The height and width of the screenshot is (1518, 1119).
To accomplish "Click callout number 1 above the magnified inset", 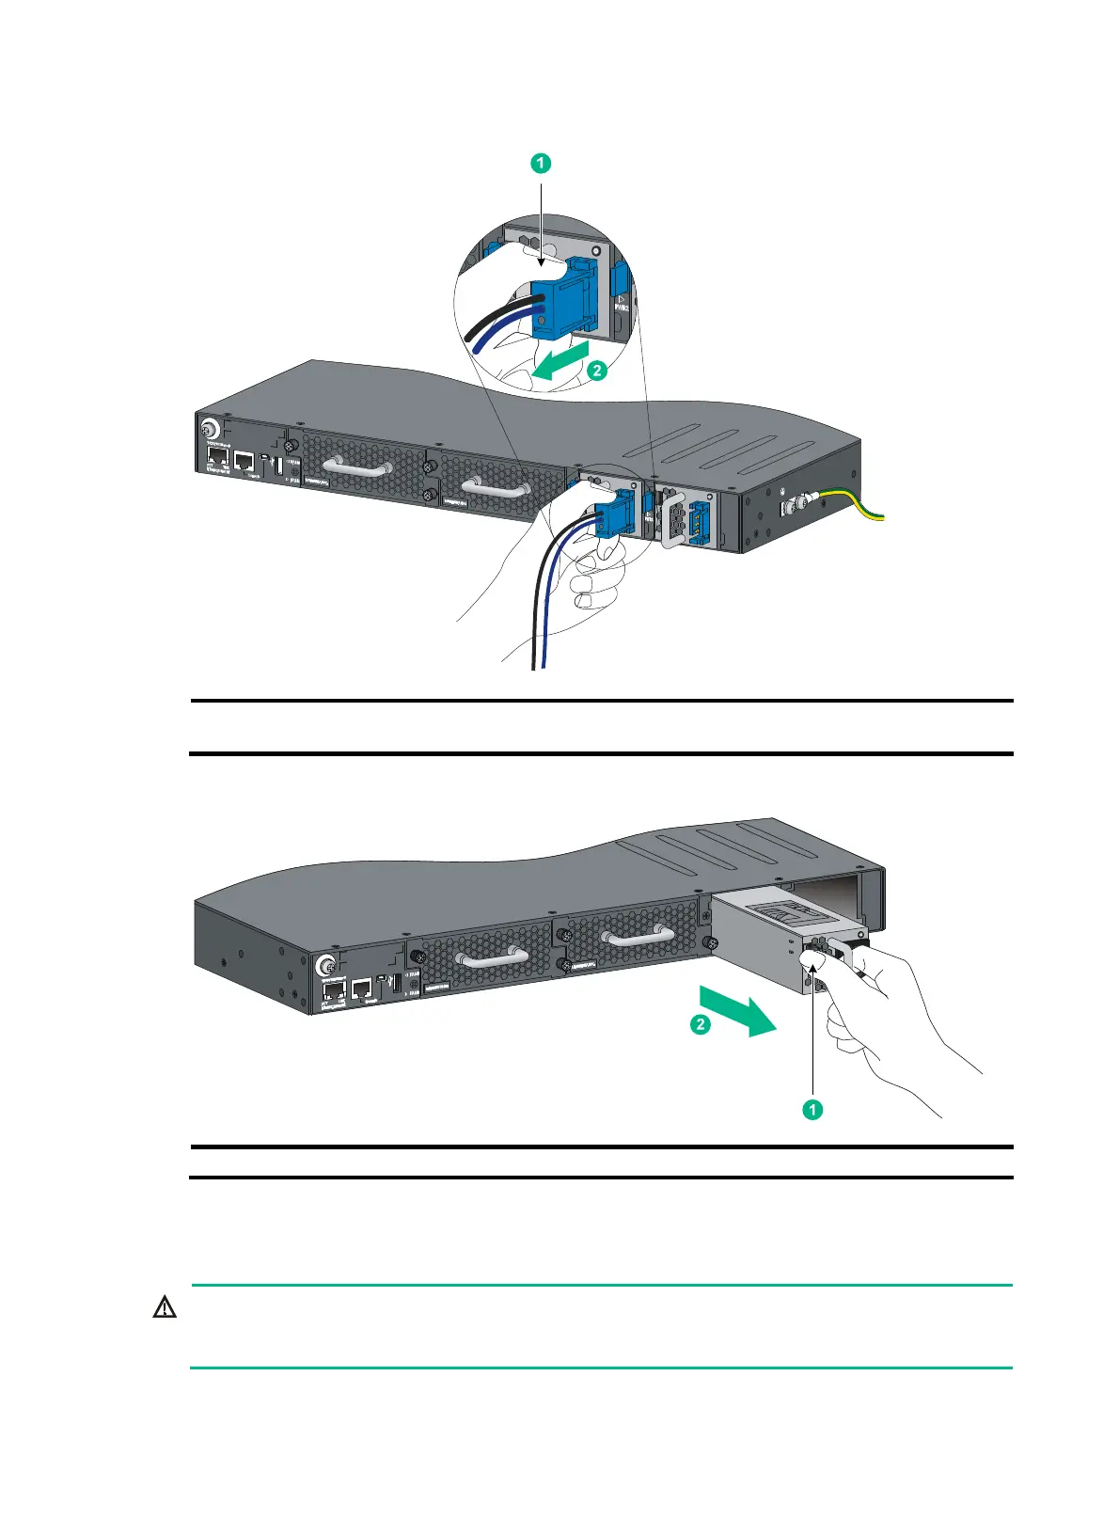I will pos(540,163).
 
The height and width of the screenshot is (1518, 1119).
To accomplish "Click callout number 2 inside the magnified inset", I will pos(596,371).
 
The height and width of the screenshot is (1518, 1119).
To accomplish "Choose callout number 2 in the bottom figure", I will pos(701,1024).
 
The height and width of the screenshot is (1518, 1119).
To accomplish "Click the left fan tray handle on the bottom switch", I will pos(491,957).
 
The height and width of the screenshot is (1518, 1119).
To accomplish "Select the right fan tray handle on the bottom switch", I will pos(638,935).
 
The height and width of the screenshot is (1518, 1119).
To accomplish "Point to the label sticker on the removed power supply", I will pos(789,910).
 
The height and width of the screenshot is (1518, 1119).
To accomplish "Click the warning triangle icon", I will pos(165,1306).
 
